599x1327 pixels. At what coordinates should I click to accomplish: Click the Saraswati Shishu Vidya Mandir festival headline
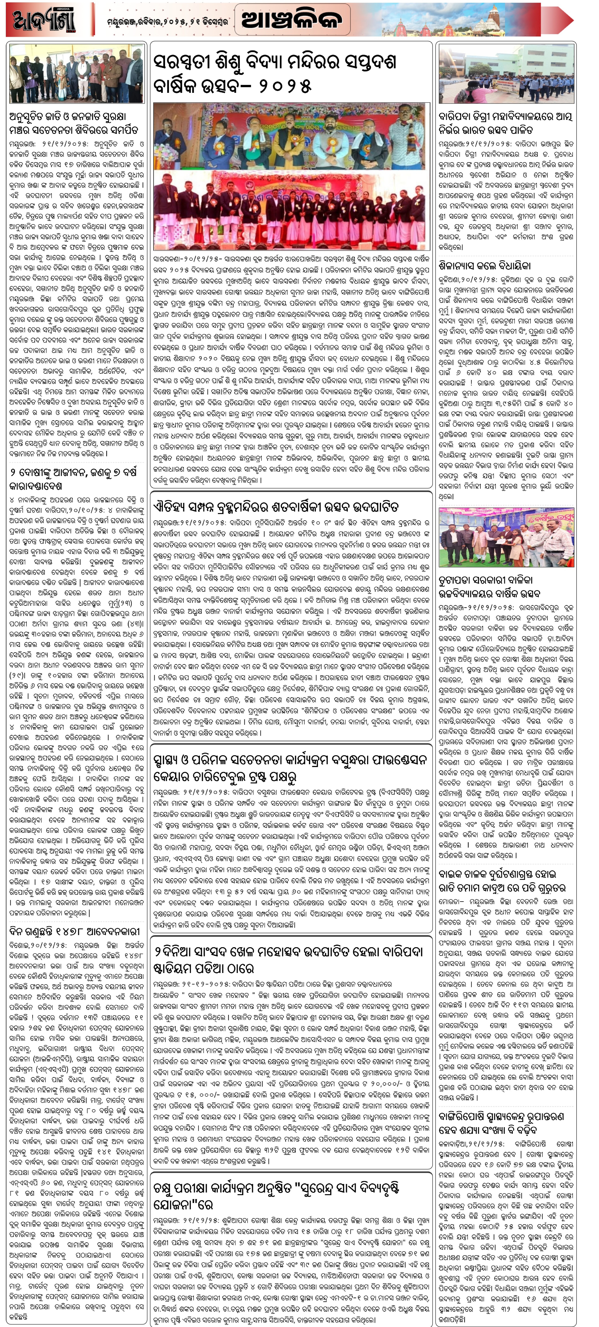pyautogui.click(x=275, y=74)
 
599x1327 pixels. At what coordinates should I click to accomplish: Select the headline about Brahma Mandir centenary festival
pyautogui.click(x=276, y=506)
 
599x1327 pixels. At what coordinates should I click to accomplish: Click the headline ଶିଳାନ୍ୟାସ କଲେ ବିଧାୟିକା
pyautogui.click(x=484, y=265)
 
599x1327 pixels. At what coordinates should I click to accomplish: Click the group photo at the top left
pyautogui.click(x=76, y=74)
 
